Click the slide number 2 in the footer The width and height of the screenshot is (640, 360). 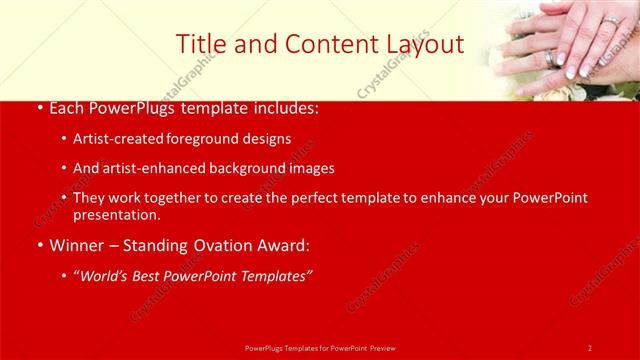coord(590,348)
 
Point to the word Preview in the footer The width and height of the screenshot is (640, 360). coord(384,348)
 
